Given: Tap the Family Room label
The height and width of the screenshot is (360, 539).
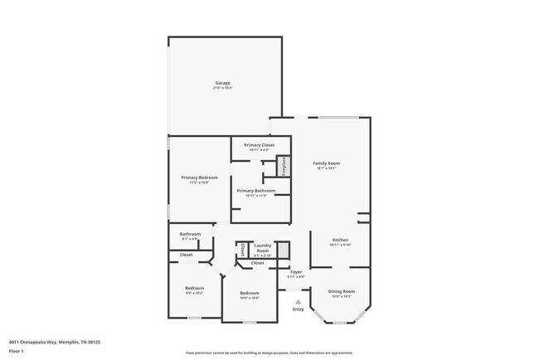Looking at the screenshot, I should pyautogui.click(x=326, y=163).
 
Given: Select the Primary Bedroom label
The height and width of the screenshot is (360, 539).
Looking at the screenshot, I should pyautogui.click(x=200, y=178).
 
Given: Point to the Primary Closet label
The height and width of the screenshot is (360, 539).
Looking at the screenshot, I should pyautogui.click(x=259, y=145).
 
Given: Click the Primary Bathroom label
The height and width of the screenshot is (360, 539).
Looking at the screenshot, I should pyautogui.click(x=256, y=191).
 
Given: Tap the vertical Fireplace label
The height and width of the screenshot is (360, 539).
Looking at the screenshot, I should pyautogui.click(x=282, y=166).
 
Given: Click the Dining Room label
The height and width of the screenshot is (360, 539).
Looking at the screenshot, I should pyautogui.click(x=342, y=290).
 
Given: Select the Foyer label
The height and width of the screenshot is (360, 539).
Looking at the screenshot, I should pyautogui.click(x=296, y=272).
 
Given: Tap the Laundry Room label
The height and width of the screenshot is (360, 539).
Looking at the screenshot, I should pyautogui.click(x=263, y=247).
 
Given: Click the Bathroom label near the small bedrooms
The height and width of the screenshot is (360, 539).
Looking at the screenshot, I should pyautogui.click(x=191, y=235).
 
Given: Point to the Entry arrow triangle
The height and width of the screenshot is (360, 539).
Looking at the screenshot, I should pyautogui.click(x=298, y=302).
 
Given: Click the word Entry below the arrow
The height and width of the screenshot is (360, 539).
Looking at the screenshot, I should pyautogui.click(x=298, y=309).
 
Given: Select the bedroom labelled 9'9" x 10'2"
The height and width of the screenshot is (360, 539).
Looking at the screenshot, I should pyautogui.click(x=193, y=289).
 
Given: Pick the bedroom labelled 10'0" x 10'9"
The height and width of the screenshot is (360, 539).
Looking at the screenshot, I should pyautogui.click(x=250, y=294).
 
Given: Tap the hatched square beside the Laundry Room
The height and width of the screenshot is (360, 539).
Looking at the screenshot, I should pyautogui.click(x=282, y=248).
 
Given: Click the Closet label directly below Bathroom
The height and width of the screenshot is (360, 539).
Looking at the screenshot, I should pyautogui.click(x=187, y=255).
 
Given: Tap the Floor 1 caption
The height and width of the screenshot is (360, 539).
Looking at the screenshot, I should pyautogui.click(x=17, y=350).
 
